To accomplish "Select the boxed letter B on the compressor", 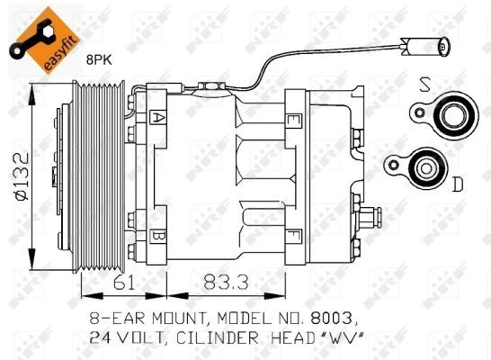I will pyautogui.click(x=158, y=237).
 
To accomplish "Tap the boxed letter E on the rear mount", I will pyautogui.click(x=293, y=118).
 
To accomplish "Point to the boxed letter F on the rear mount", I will pyautogui.click(x=293, y=237).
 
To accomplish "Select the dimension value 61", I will pyautogui.click(x=122, y=282).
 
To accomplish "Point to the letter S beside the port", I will pyautogui.click(x=424, y=86).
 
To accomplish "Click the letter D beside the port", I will pyautogui.click(x=457, y=184).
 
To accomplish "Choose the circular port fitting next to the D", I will pyautogui.click(x=421, y=166).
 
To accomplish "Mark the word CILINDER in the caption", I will pyautogui.click(x=225, y=338).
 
